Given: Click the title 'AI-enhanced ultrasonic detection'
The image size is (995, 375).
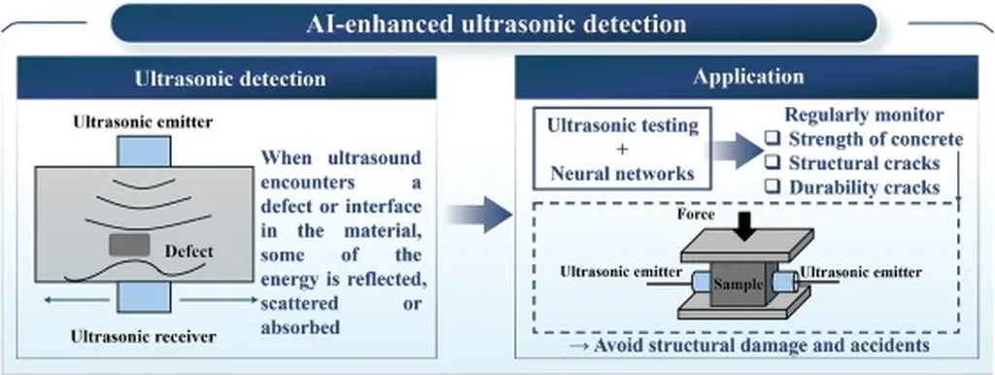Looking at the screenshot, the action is (x=497, y=24).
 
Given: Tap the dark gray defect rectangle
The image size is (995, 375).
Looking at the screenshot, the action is (x=129, y=245).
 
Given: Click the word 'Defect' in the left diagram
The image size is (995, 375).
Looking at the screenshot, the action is (x=189, y=252).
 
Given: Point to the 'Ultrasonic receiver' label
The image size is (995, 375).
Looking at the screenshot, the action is (x=143, y=337).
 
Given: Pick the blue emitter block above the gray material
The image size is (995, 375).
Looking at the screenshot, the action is (x=144, y=151).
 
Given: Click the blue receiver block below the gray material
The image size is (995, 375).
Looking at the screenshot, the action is (x=144, y=297).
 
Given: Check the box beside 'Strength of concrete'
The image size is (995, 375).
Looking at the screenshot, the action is (x=772, y=139).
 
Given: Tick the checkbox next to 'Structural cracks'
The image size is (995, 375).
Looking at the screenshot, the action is (x=772, y=163).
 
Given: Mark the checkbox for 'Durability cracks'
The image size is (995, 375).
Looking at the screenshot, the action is (x=772, y=187).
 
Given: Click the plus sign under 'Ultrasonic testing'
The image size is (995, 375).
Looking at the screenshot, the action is (x=621, y=149).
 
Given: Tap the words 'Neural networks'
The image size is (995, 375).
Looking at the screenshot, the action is (x=621, y=173).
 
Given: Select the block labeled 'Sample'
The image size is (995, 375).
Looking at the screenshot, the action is (x=738, y=285).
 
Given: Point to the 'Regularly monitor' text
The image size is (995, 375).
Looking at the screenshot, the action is (x=865, y=115).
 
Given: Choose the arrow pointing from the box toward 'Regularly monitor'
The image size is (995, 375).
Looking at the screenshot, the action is (x=737, y=150).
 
